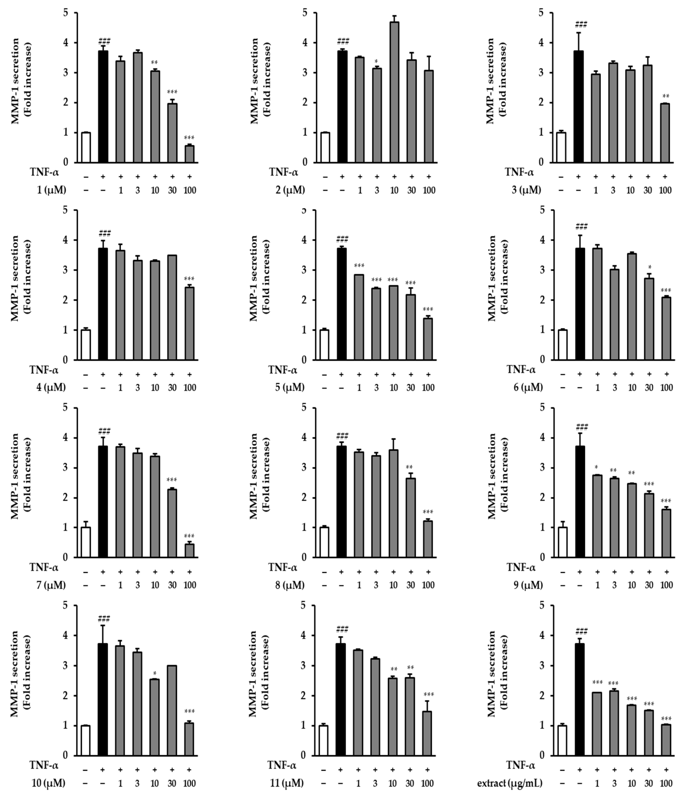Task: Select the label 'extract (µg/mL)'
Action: (510, 783)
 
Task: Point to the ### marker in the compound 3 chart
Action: (581, 25)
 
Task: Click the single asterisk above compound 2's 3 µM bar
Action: (376, 61)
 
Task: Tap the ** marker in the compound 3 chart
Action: (665, 96)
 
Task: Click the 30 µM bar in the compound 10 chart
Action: (172, 710)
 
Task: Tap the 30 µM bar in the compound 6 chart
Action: (649, 319)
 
